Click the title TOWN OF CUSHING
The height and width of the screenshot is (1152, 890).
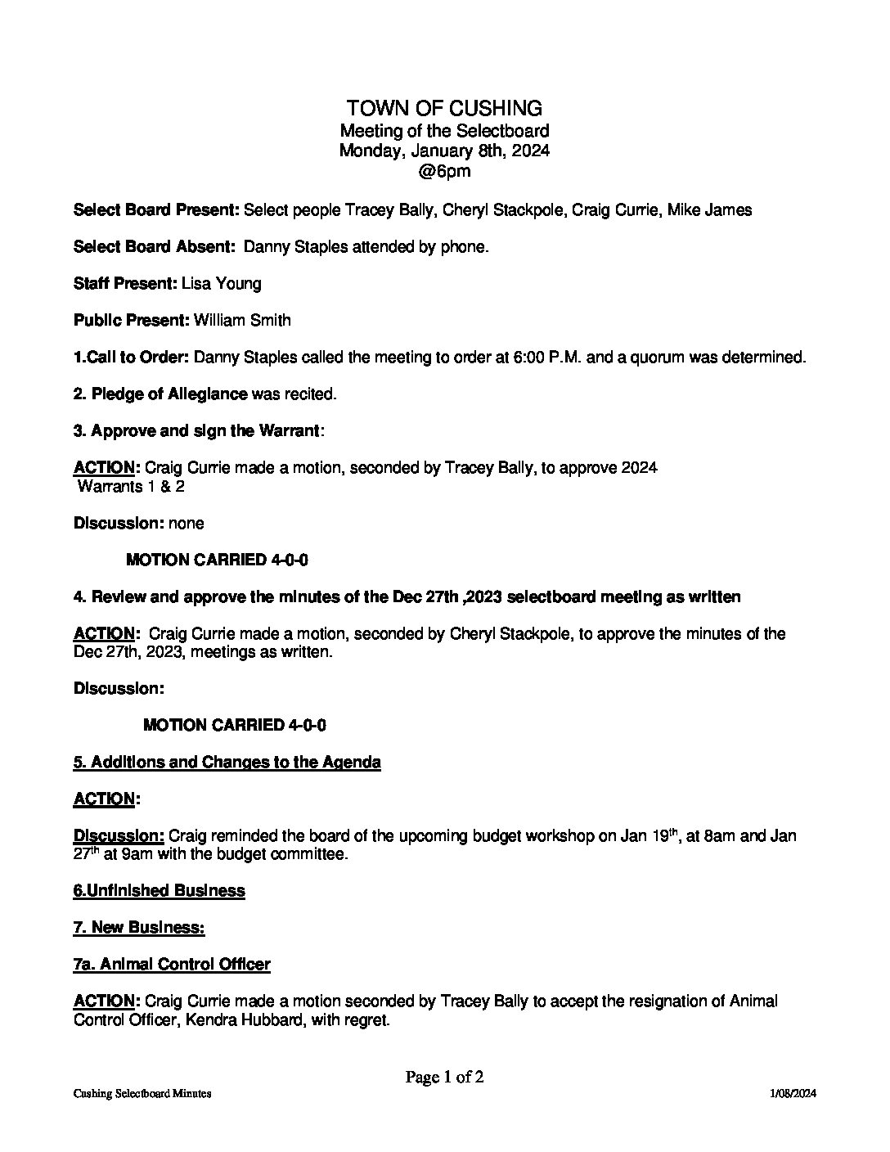(444, 108)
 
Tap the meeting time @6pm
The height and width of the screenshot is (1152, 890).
(444, 172)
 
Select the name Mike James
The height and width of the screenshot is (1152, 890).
(709, 210)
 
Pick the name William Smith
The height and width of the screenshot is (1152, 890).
(242, 321)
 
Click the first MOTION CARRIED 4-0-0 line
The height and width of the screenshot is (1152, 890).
(217, 560)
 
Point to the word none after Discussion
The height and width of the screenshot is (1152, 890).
(187, 524)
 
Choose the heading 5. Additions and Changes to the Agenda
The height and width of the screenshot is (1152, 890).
(227, 763)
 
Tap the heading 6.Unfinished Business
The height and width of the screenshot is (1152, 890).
(159, 891)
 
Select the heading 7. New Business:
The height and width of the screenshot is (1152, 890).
(138, 928)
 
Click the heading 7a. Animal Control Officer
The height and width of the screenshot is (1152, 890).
(172, 965)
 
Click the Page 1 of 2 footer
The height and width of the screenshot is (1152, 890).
(444, 1078)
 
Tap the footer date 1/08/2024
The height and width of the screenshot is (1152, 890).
(793, 1094)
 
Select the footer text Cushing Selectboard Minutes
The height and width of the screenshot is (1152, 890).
(142, 1094)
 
